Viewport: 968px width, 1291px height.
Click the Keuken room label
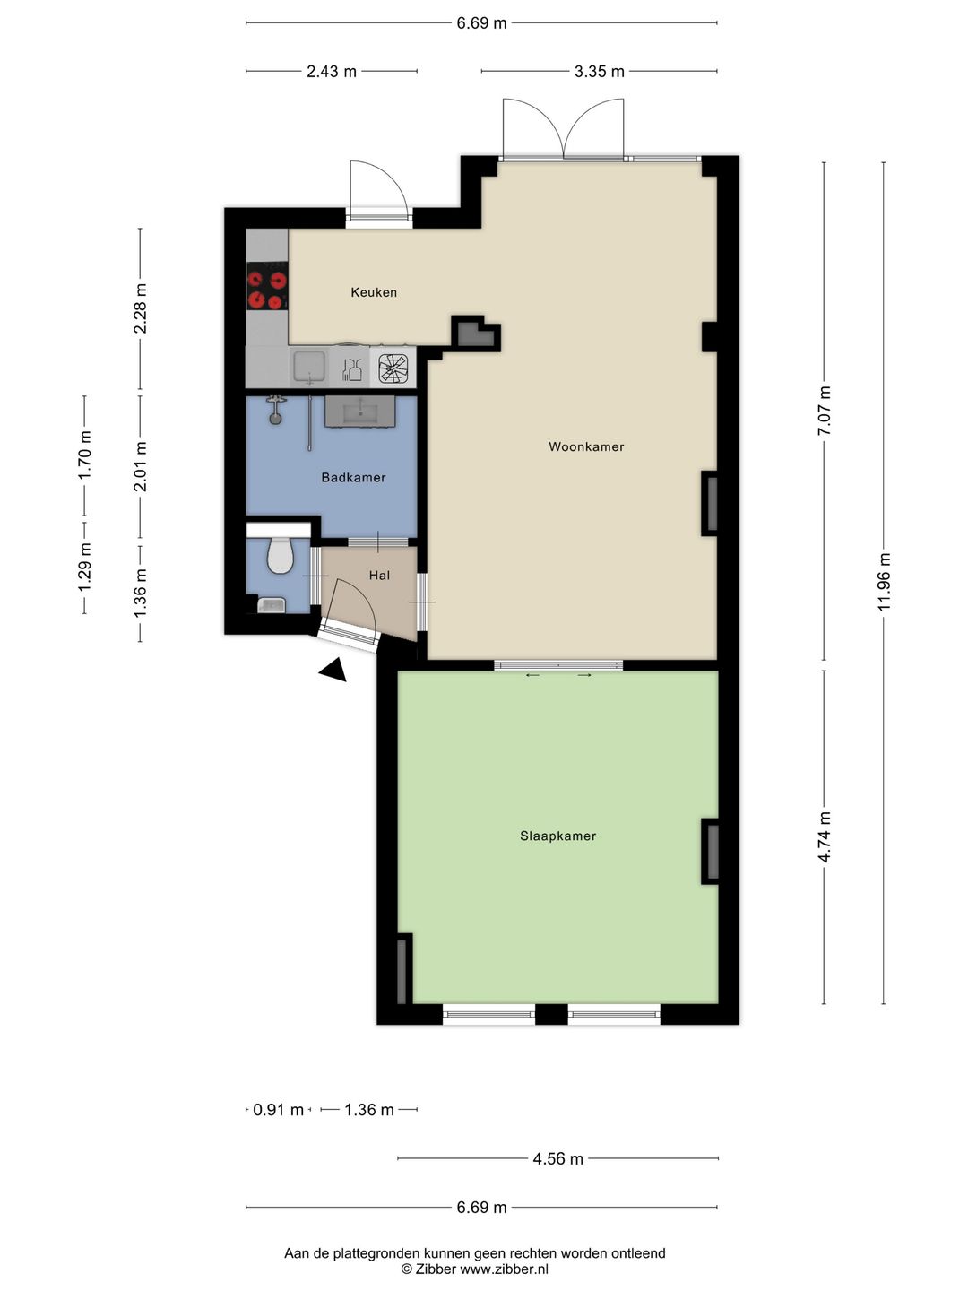click(x=374, y=292)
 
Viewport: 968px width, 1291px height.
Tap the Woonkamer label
click(x=586, y=446)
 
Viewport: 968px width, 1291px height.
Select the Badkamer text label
click(x=353, y=478)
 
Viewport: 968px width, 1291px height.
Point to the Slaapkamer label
click(x=557, y=836)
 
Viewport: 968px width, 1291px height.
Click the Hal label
click(x=380, y=576)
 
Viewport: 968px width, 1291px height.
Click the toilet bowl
click(x=280, y=555)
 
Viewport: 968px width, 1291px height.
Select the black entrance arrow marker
click(x=333, y=670)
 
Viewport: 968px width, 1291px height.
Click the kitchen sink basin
click(x=309, y=367)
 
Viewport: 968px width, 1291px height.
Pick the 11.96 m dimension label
click(x=884, y=582)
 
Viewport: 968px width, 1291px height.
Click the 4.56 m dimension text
click(x=557, y=1158)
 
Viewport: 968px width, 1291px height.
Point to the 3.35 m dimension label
click(x=599, y=72)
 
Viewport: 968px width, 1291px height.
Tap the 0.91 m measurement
click(x=278, y=1110)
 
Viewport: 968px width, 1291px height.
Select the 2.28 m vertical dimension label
click(x=141, y=308)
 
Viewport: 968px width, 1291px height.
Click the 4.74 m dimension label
click(x=824, y=837)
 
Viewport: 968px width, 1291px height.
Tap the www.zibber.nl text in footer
click(x=504, y=1269)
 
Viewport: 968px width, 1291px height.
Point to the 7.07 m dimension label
click(x=824, y=411)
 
